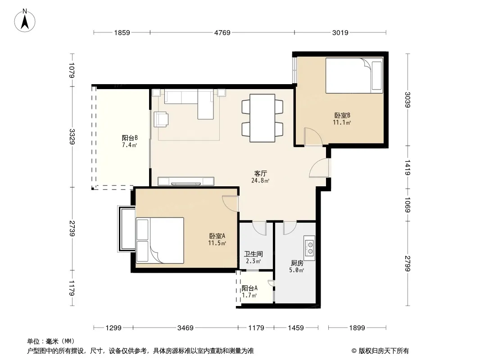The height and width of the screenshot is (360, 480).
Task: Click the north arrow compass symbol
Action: click(x=25, y=21)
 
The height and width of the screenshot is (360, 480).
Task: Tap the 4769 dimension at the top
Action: click(x=222, y=32)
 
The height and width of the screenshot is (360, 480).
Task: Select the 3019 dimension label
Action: click(x=340, y=32)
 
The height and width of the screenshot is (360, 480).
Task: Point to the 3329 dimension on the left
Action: click(x=72, y=137)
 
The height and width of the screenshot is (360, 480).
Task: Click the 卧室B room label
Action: click(x=342, y=115)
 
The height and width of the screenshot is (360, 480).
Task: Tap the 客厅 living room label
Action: click(x=261, y=173)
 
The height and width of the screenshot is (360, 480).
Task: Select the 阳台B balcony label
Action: click(x=130, y=138)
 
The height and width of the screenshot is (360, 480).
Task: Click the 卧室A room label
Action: click(x=217, y=236)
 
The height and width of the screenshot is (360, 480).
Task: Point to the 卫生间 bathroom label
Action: click(x=254, y=254)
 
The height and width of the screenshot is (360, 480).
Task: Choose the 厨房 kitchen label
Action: click(x=297, y=263)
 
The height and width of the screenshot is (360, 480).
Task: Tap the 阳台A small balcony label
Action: click(x=249, y=288)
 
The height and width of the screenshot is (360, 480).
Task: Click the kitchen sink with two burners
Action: click(x=309, y=248)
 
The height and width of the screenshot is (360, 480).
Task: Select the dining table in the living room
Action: click(x=263, y=118)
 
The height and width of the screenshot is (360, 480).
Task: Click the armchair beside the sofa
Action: click(x=161, y=119)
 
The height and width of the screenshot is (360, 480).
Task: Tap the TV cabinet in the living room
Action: click(x=186, y=181)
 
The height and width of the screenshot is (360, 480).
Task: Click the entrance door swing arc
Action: click(x=317, y=167)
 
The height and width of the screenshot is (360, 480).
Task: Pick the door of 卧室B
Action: click(x=313, y=136)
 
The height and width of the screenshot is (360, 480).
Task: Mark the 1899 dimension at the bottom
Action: click(x=357, y=328)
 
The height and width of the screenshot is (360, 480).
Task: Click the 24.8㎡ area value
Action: click(x=260, y=180)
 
